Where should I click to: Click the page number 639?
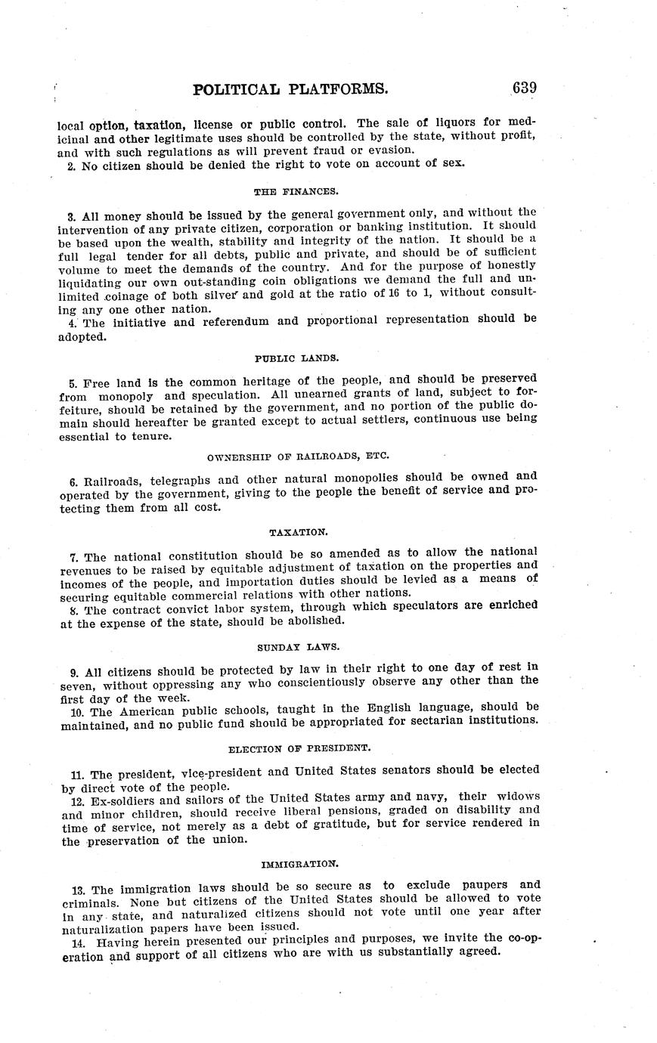[x=524, y=88]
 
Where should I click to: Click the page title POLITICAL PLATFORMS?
[x=290, y=90]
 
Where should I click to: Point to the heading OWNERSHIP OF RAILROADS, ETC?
[x=297, y=456]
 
